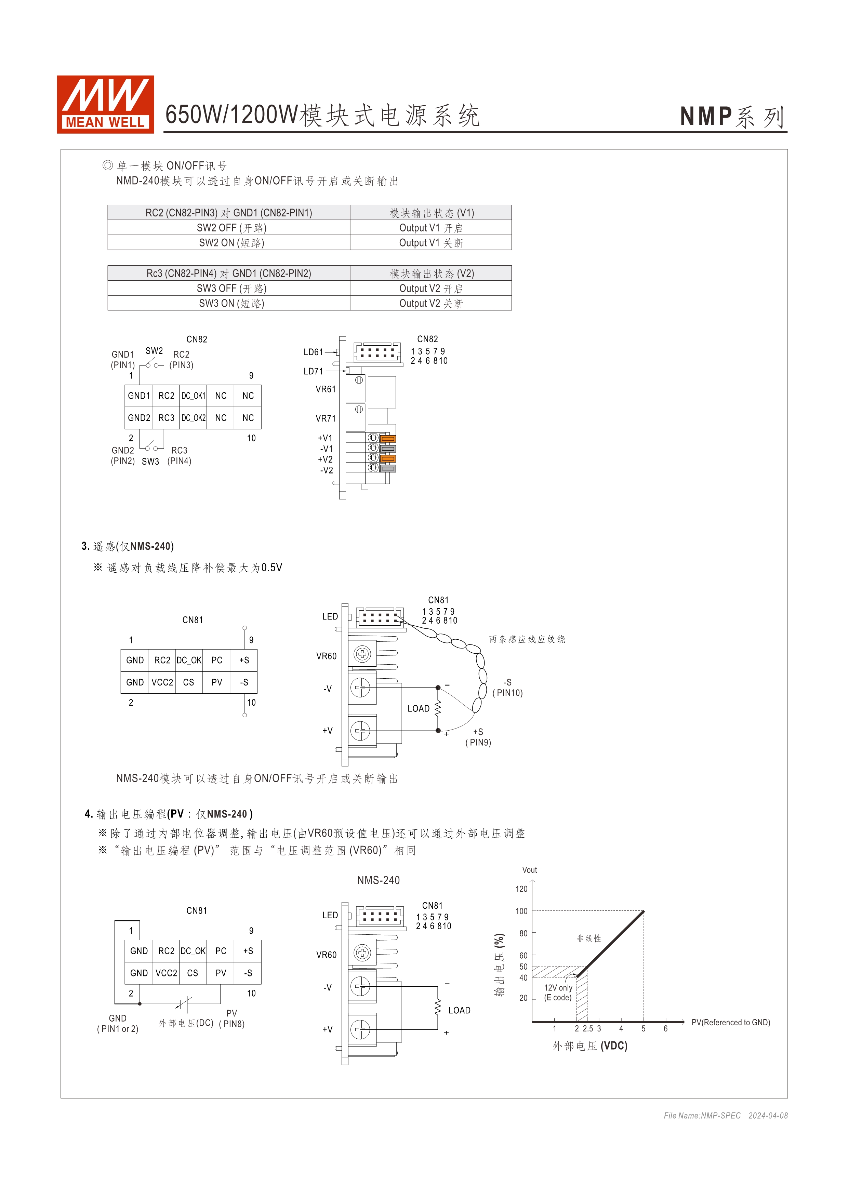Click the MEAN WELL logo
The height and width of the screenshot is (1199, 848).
point(105,104)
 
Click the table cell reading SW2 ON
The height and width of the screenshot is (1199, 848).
point(231,243)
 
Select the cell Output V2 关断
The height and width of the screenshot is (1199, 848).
point(431,303)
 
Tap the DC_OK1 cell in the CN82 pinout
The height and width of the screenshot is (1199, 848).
point(193,396)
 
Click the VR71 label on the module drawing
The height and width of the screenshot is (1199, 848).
point(325,418)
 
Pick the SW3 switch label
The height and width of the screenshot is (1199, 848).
point(150,461)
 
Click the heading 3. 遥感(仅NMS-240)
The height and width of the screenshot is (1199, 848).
point(128,546)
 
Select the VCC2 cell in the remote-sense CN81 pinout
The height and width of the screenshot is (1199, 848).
point(162,682)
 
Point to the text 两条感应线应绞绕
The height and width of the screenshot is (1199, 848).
point(527,639)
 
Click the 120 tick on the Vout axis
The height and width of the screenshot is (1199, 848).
point(521,889)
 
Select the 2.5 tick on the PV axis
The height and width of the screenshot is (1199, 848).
point(588,1029)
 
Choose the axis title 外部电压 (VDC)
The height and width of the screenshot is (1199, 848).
point(590,1046)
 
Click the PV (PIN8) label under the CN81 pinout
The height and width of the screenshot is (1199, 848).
point(232,1018)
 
